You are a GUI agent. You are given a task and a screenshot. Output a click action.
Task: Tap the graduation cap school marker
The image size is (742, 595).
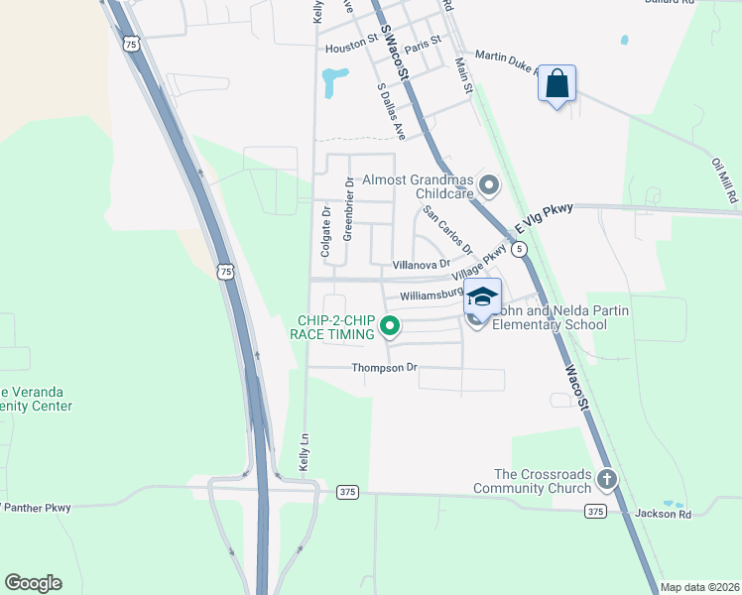pyautogui.click(x=482, y=297)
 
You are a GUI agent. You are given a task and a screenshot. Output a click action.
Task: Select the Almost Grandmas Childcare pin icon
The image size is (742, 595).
pyautogui.click(x=488, y=184)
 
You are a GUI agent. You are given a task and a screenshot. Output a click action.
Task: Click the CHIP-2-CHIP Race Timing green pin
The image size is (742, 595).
pyautogui.click(x=391, y=325)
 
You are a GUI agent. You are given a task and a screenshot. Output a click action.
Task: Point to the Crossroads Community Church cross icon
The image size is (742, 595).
pyautogui.click(x=607, y=480)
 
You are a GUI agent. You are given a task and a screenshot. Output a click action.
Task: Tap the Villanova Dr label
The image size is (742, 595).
pyautogui.click(x=422, y=265)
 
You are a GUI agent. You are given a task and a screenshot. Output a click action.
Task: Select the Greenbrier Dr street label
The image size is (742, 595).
pyautogui.click(x=348, y=207)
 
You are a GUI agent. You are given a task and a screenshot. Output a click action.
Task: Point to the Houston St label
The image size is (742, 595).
pyautogui.click(x=351, y=46)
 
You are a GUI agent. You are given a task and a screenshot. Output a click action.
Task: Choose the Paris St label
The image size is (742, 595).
pyautogui.click(x=423, y=45)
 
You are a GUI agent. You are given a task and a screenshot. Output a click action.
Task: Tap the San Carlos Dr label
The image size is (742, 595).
pyautogui.click(x=447, y=230)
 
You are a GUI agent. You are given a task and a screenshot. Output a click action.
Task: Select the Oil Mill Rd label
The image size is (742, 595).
pyautogui.click(x=725, y=179)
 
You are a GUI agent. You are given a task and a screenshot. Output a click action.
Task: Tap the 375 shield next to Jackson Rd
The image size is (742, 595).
pyautogui.click(x=594, y=511)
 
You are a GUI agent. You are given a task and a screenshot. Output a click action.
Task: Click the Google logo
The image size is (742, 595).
pyautogui.click(x=33, y=583)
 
